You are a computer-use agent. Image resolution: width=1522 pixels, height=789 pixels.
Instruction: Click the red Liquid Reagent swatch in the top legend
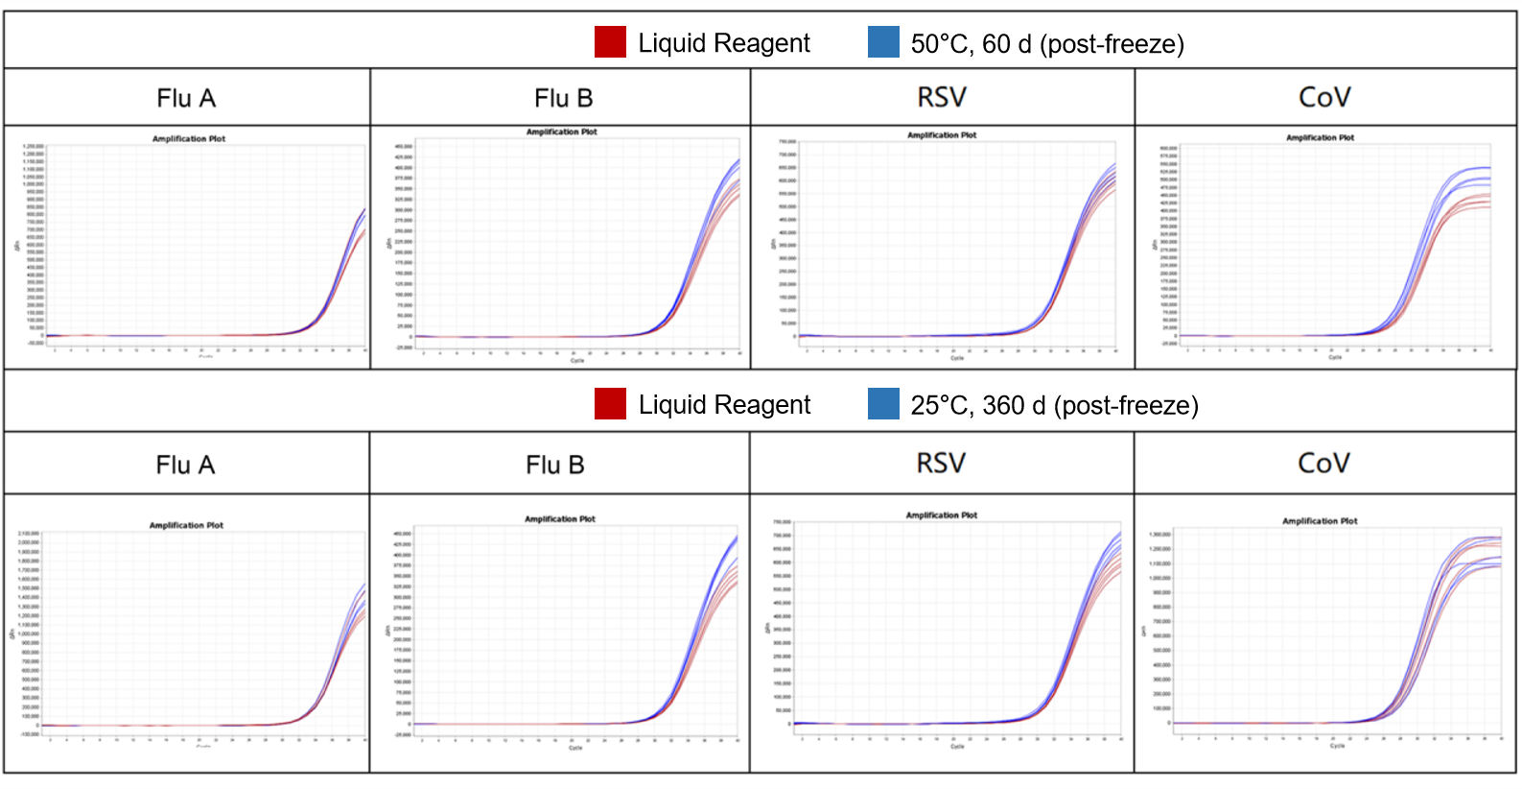tap(610, 42)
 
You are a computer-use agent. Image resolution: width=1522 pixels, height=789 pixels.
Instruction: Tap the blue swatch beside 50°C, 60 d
tap(883, 42)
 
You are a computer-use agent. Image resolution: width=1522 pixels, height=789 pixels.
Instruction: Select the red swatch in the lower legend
tap(610, 404)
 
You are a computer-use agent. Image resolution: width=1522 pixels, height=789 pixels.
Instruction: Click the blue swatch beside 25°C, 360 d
tap(883, 404)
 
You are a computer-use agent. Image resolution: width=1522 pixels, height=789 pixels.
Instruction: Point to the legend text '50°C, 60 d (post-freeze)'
tap(1047, 44)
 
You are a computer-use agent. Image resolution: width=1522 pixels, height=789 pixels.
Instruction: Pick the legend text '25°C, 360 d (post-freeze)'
tap(1054, 406)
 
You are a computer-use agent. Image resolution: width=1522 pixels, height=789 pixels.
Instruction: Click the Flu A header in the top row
tap(186, 98)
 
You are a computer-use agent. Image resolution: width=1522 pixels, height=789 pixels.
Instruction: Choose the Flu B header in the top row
tap(564, 98)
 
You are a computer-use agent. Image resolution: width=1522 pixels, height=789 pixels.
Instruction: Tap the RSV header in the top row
tap(942, 97)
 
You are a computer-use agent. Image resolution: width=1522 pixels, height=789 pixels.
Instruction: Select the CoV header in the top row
tap(1324, 97)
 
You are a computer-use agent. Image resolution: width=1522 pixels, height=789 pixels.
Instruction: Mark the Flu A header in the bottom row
tap(185, 465)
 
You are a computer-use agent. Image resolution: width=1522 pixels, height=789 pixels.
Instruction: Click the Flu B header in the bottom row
tap(555, 465)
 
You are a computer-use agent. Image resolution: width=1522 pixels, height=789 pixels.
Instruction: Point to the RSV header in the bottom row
tap(941, 464)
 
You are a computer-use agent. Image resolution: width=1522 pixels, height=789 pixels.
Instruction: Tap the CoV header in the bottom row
tap(1323, 464)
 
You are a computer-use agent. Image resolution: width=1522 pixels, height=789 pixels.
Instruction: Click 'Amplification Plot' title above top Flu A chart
tap(189, 139)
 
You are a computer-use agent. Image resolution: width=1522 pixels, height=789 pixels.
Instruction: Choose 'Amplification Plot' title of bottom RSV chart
tap(942, 515)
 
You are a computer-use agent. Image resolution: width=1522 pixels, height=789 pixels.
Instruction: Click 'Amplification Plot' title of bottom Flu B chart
tap(560, 519)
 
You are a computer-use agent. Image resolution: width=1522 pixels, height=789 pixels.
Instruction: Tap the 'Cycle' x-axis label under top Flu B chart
tap(577, 361)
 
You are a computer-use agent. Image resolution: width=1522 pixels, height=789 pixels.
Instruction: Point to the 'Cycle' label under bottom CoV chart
tap(1337, 746)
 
